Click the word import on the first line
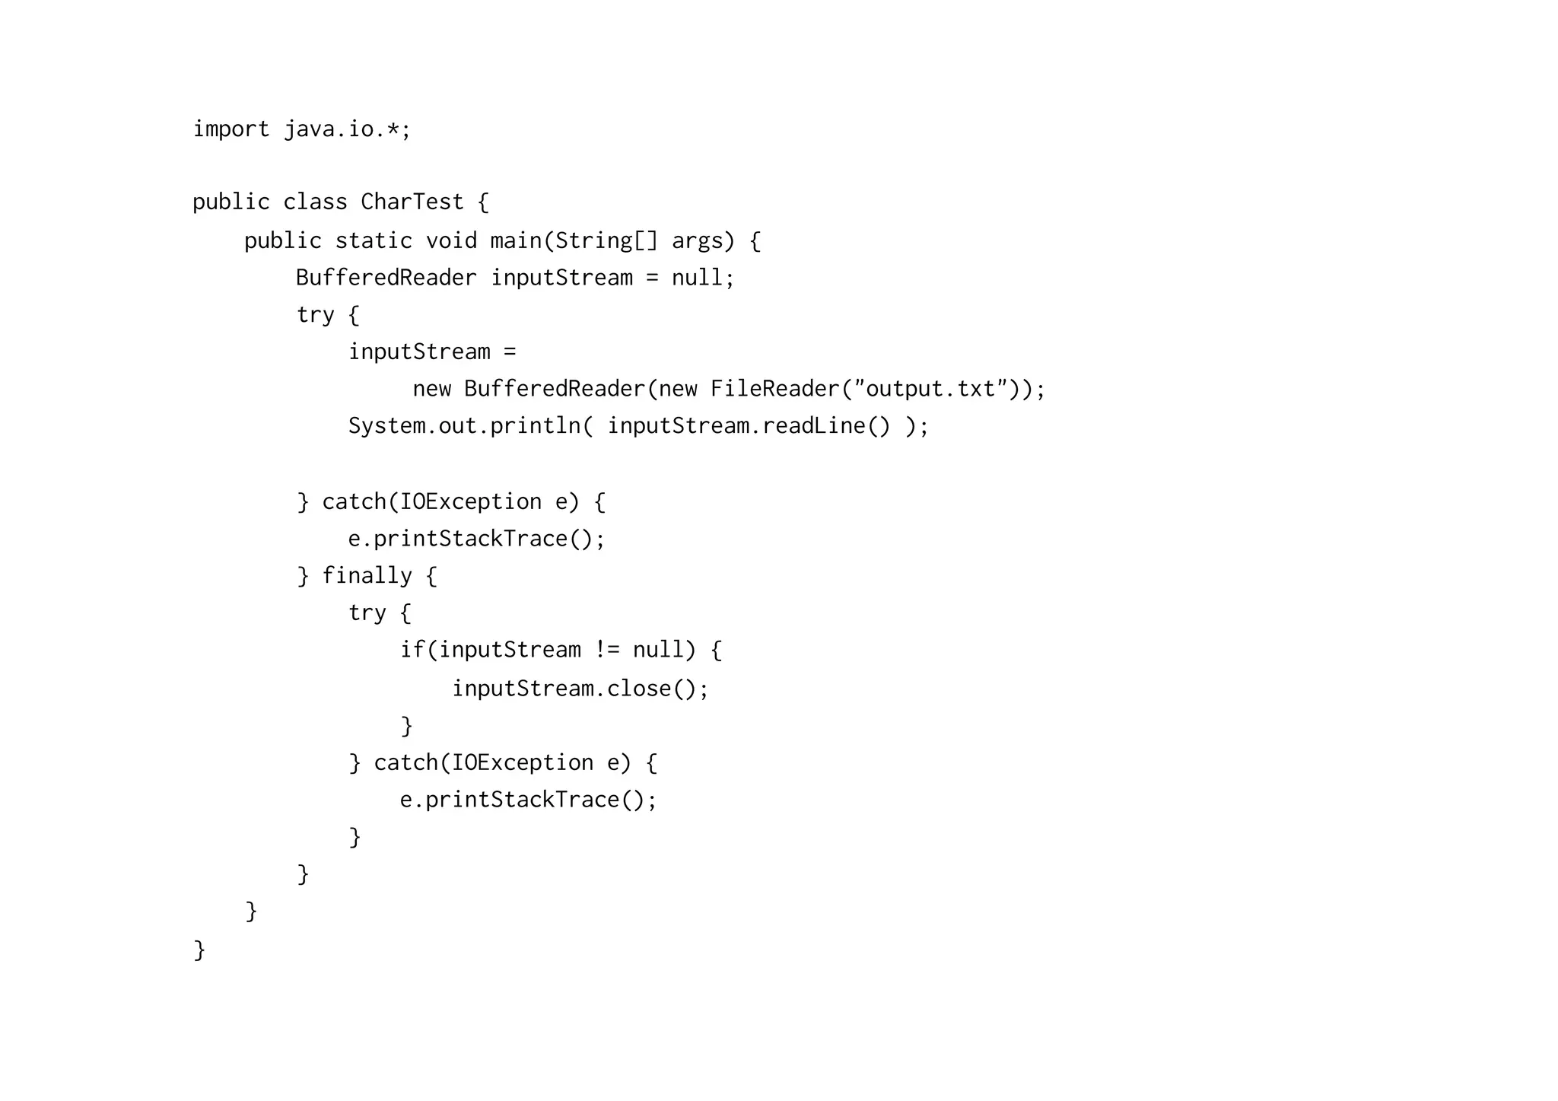point(231,129)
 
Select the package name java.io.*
point(346,129)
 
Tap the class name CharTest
point(412,202)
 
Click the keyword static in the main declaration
point(374,240)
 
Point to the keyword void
point(451,240)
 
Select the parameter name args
point(697,240)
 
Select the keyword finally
point(367,575)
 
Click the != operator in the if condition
point(607,650)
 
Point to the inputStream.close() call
point(580,689)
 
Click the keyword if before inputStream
point(412,650)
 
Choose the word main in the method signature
point(515,240)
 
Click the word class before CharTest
point(315,202)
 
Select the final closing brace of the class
point(199,950)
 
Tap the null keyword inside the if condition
point(658,650)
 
